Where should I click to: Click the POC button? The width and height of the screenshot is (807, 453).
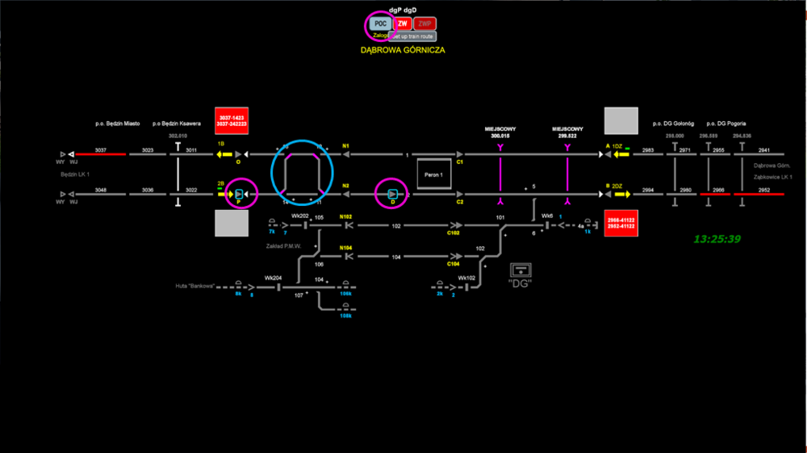click(x=381, y=23)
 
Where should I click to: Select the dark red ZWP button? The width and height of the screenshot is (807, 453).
click(x=425, y=23)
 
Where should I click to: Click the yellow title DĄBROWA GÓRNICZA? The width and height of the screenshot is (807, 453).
click(x=403, y=50)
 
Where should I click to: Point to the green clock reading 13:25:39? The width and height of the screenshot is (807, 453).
click(x=717, y=239)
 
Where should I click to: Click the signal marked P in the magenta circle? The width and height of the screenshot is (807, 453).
click(x=240, y=194)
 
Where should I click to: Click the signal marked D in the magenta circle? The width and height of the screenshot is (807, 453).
click(x=392, y=194)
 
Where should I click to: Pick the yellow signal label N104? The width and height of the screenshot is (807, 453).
click(x=346, y=247)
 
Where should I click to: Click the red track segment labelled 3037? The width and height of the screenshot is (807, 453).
click(x=100, y=153)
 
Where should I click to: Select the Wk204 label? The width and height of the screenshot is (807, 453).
click(x=273, y=277)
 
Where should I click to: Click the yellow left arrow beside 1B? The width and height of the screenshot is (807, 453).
click(x=223, y=153)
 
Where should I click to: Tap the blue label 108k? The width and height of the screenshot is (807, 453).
click(x=345, y=316)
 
